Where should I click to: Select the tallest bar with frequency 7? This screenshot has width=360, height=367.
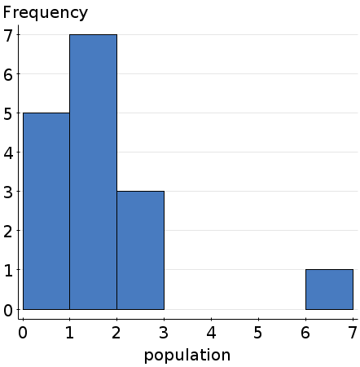pyautogui.click(x=93, y=171)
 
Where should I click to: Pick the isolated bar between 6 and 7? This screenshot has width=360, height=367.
pyautogui.click(x=329, y=289)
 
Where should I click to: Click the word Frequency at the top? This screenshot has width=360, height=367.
pyautogui.click(x=46, y=13)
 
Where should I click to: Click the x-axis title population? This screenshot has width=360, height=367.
pyautogui.click(x=187, y=356)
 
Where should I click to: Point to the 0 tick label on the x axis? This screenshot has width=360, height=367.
pyautogui.click(x=23, y=332)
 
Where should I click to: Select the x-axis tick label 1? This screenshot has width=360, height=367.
pyautogui.click(x=70, y=332)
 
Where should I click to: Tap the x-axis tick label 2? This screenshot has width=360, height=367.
pyautogui.click(x=117, y=332)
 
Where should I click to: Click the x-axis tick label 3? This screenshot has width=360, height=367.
pyautogui.click(x=165, y=332)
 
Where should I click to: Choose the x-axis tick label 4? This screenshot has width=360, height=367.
pyautogui.click(x=212, y=332)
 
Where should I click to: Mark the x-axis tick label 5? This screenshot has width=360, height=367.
pyautogui.click(x=258, y=332)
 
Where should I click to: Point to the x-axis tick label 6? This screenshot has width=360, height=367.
pyautogui.click(x=305, y=332)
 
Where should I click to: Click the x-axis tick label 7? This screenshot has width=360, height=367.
pyautogui.click(x=352, y=332)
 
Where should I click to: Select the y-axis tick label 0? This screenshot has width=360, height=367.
pyautogui.click(x=8, y=310)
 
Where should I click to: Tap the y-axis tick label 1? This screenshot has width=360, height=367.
pyautogui.click(x=8, y=270)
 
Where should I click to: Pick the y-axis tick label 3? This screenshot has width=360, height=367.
pyautogui.click(x=8, y=192)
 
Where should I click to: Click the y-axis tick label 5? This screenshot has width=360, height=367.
pyautogui.click(x=8, y=113)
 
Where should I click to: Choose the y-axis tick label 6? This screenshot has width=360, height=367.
pyautogui.click(x=8, y=74)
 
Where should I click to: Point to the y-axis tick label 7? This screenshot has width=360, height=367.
pyautogui.click(x=8, y=35)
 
